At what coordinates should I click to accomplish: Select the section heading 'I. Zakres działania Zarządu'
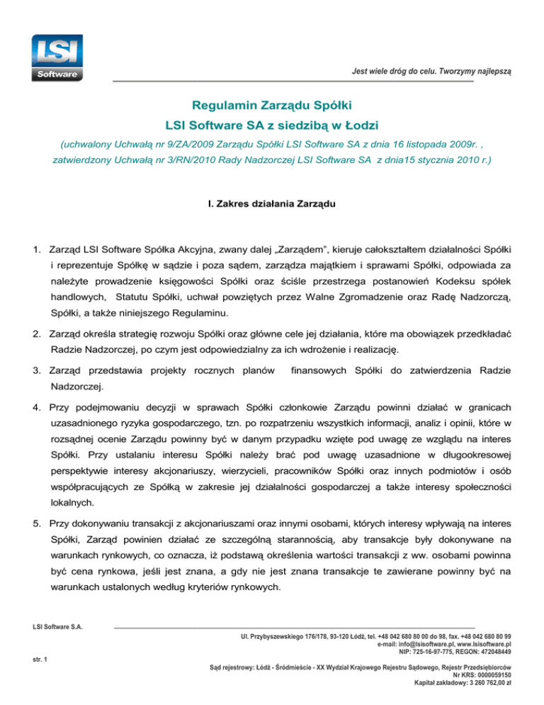pos(272,207)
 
